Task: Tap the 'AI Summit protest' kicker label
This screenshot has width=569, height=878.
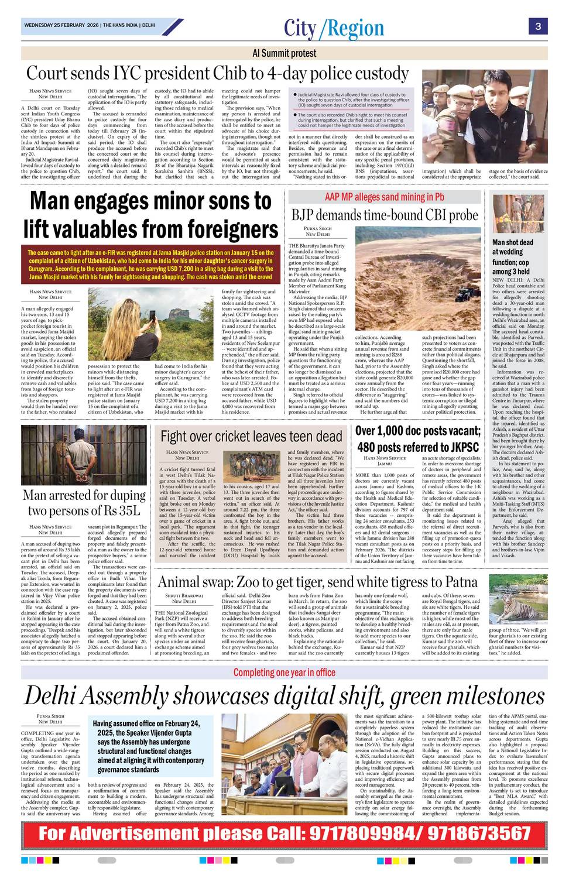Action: click(284, 53)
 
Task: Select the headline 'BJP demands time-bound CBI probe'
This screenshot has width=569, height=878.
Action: click(385, 215)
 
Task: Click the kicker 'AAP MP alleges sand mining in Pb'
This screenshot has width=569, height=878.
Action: click(385, 197)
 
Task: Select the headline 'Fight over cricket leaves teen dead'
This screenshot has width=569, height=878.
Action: click(251, 436)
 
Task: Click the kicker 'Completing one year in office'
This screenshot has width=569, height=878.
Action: click(284, 672)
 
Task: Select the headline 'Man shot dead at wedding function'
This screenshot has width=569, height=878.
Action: click(513, 256)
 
